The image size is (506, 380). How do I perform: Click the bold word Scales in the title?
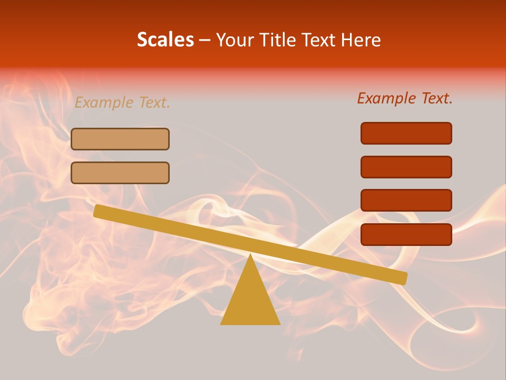[165, 40]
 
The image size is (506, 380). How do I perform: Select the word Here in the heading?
[361, 40]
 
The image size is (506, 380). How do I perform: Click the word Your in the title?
[233, 40]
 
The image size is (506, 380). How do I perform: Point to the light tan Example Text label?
[122, 102]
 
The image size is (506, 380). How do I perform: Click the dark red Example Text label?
[405, 98]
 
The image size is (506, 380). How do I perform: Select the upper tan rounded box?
[120, 139]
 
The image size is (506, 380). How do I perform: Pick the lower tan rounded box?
[120, 173]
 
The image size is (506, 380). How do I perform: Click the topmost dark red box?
[406, 133]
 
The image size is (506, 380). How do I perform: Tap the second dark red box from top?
[406, 167]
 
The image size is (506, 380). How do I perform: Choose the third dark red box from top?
[406, 201]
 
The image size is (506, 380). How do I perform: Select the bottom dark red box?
[406, 234]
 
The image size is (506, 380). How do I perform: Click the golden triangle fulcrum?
[250, 301]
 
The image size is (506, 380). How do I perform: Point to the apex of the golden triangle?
[250, 256]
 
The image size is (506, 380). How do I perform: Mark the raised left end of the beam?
[98, 211]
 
